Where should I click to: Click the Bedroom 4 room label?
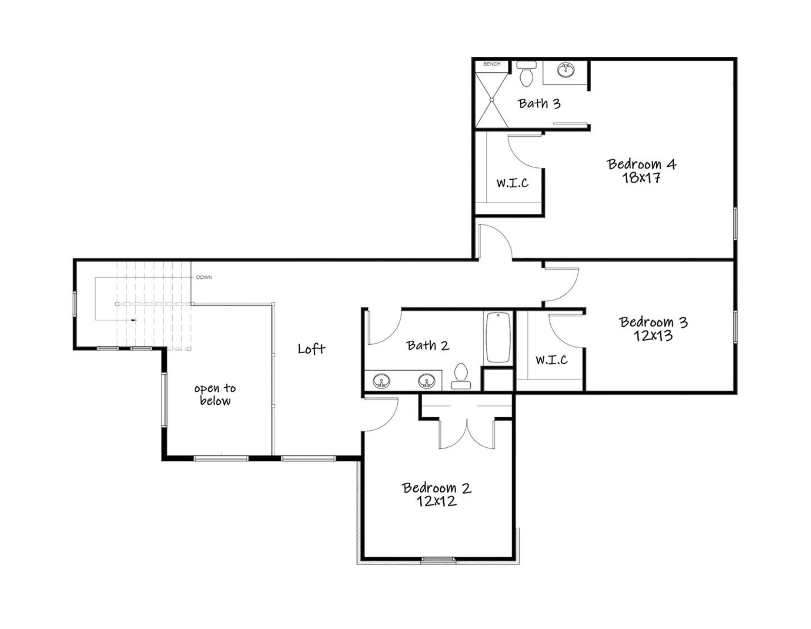coord(642,164)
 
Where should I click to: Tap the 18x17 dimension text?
coord(641,178)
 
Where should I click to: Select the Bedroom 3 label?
coord(653,322)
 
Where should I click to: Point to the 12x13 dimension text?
coord(653,336)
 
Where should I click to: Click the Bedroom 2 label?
coord(436,488)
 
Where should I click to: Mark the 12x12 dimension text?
coord(436,502)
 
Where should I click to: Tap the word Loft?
coord(311,349)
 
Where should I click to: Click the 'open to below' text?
coord(215,395)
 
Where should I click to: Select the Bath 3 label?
coord(539,103)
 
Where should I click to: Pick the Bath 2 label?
coord(428,346)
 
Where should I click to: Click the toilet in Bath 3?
coord(527,73)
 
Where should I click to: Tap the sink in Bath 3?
coord(565,70)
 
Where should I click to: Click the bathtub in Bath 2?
coord(498,337)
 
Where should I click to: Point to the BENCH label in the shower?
coord(492,64)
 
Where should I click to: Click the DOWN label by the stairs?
coord(204,277)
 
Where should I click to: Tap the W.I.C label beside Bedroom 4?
coord(513,183)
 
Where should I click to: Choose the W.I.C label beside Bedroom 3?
coord(551,360)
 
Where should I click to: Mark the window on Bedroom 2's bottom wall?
coord(438,560)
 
